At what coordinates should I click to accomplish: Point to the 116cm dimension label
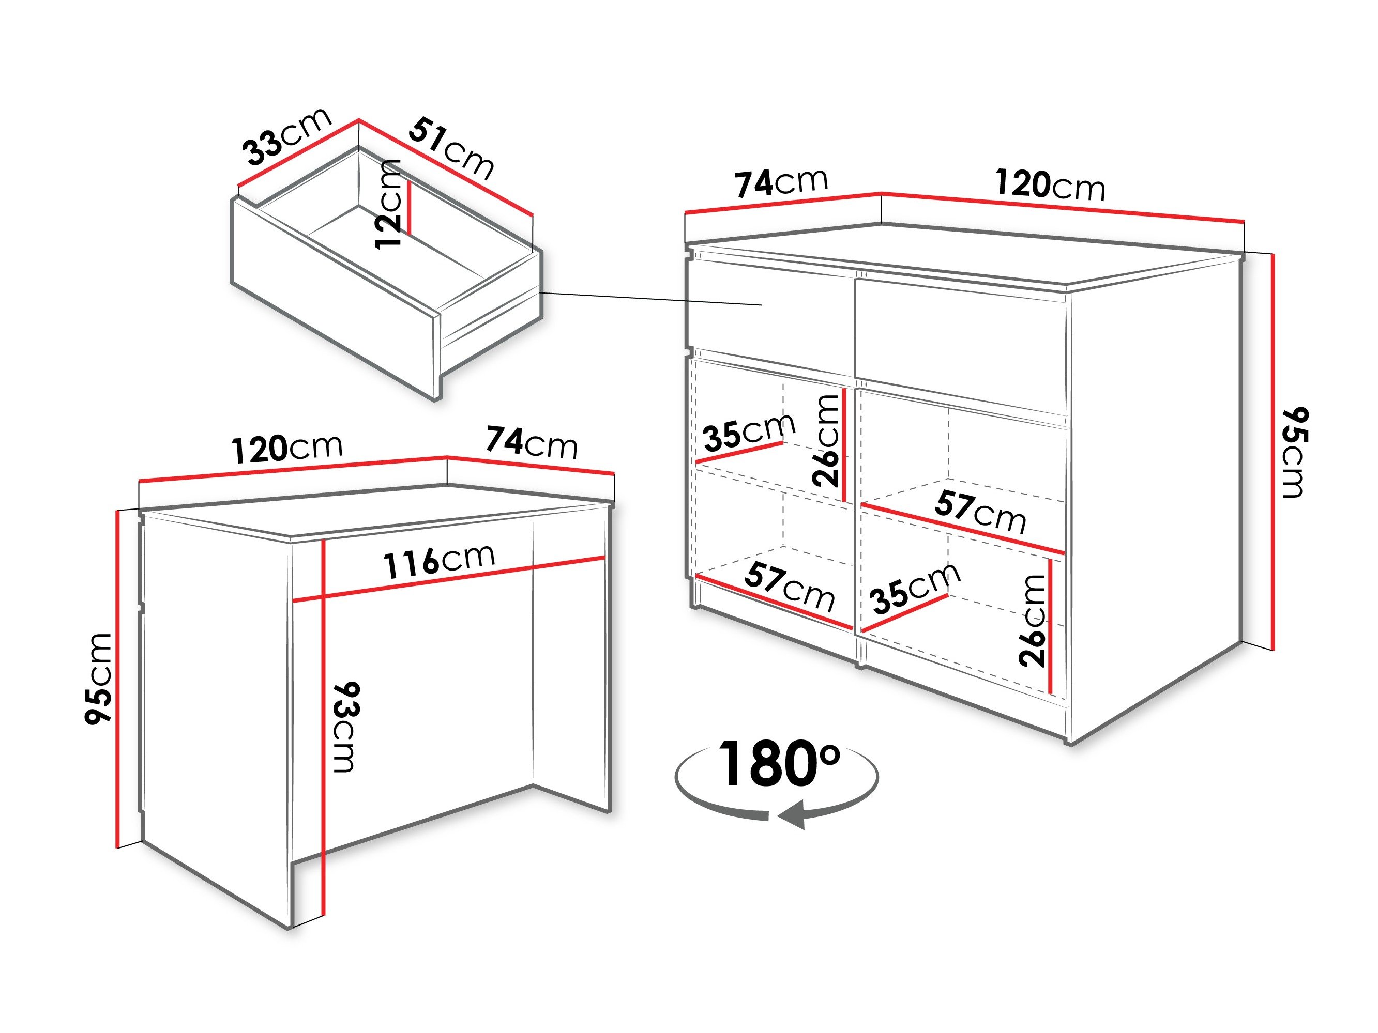439,560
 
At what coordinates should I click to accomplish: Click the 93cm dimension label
346,727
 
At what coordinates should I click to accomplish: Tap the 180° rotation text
779,764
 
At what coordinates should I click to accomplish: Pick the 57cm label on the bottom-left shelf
789,587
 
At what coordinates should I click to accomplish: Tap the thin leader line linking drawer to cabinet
652,299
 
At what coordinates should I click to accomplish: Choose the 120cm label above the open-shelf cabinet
1050,185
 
